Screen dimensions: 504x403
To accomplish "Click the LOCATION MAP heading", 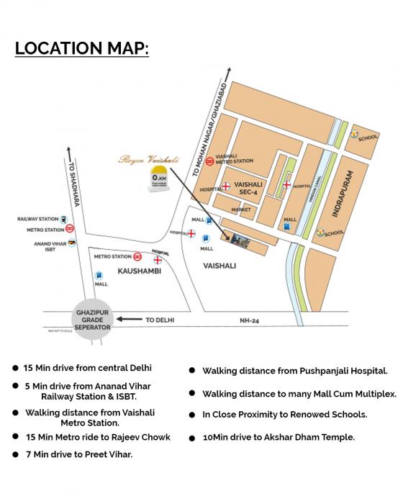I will pos(82,50).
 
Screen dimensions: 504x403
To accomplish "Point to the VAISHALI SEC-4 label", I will pos(245,188).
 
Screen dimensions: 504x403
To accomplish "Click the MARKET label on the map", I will pos(230,210).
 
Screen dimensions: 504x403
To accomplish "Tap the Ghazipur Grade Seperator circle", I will pos(93,320).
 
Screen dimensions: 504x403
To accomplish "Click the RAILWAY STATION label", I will pos(37,219).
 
